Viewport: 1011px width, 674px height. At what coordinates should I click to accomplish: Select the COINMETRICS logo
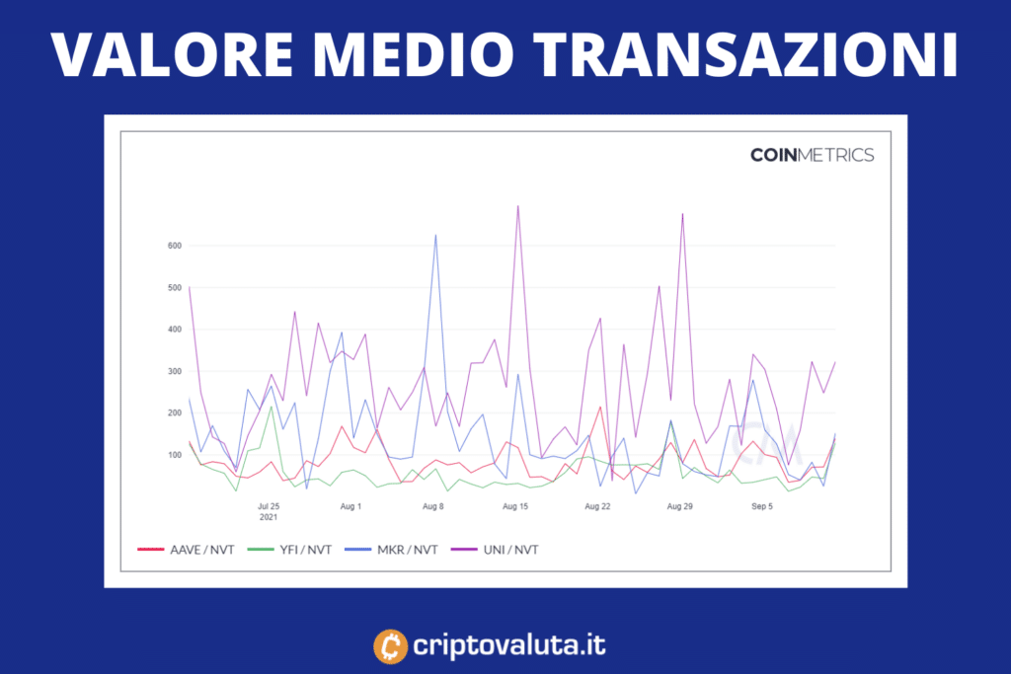click(812, 155)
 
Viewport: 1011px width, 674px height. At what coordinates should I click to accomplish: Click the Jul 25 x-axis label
click(270, 506)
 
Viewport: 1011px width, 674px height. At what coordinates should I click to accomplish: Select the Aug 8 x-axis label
click(432, 506)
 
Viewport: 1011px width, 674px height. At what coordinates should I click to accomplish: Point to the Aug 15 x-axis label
click(515, 506)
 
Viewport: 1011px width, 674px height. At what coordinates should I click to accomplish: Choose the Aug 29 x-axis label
click(680, 506)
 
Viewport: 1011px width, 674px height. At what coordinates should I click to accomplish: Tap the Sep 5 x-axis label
click(762, 506)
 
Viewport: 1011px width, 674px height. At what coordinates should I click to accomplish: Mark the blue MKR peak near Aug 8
click(435, 236)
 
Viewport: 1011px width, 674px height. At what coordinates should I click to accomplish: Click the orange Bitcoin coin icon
click(391, 646)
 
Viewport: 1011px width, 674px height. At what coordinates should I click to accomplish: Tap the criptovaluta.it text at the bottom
click(510, 646)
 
